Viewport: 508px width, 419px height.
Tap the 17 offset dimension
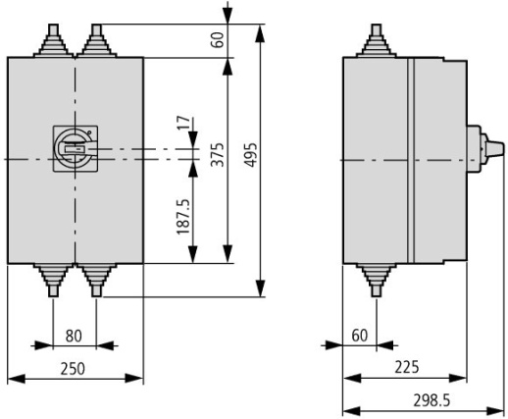(182, 126)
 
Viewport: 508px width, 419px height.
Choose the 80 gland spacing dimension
(74, 336)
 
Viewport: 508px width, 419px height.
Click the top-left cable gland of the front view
(52, 42)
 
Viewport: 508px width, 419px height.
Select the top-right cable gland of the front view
(95, 42)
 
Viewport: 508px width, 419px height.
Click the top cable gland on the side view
(376, 42)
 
